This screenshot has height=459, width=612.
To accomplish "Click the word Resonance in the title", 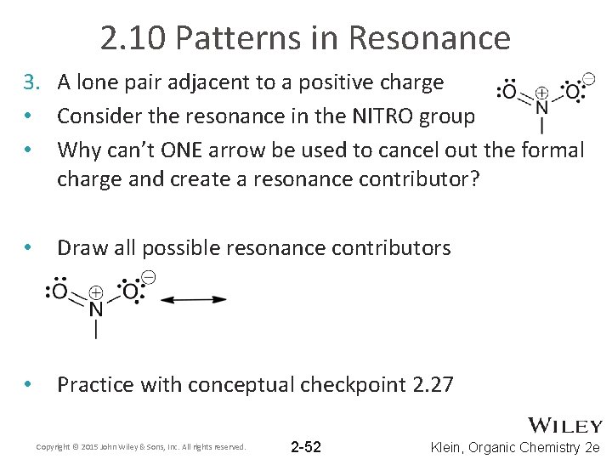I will (x=428, y=38).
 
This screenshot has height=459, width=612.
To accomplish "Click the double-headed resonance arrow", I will (x=194, y=299).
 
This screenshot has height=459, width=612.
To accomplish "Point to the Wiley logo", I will (x=565, y=426).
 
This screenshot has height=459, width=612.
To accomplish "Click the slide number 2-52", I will (x=306, y=447).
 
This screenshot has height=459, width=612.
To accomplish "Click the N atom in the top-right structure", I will (x=541, y=108).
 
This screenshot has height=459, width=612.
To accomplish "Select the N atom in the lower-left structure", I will (x=96, y=309).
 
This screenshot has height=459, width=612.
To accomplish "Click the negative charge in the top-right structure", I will (x=588, y=79).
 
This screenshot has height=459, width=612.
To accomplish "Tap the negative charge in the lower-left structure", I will (x=148, y=277).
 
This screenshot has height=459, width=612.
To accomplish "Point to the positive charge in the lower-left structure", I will (x=97, y=291).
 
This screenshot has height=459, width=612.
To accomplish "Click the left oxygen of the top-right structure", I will (x=508, y=91).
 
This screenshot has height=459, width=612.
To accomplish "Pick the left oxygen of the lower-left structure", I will (x=59, y=292).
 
